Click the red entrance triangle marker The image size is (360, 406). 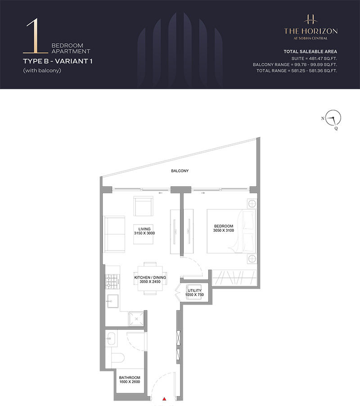coord(164,399)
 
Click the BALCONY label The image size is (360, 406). coord(180,171)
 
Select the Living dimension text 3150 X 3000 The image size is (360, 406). coord(144,233)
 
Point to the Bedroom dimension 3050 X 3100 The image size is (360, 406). coord(224,230)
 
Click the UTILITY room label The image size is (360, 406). coord(194,290)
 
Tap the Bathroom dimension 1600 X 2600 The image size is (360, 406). coord(130,382)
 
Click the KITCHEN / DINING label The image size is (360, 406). coord(150,277)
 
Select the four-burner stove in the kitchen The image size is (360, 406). coord(112,281)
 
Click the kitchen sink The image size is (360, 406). coord(112,301)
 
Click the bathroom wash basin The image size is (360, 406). coord(111,338)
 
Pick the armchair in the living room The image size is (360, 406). coord(143,206)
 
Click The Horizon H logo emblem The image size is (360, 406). coord(310,20)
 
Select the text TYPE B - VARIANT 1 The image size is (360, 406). coord(58,61)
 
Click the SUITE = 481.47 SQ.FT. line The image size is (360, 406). coord(314,59)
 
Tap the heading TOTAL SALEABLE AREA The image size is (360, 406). coord(310,51)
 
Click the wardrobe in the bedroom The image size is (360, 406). coord(234,278)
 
